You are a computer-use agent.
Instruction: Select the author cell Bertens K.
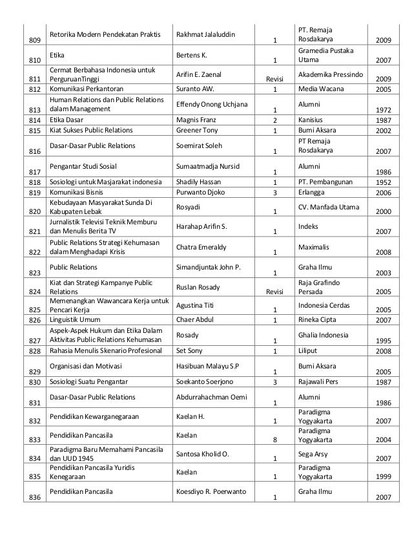191,56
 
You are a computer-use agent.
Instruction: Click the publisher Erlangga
311,193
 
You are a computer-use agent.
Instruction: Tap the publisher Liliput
307,351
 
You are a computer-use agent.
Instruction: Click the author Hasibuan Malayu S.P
207,367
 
